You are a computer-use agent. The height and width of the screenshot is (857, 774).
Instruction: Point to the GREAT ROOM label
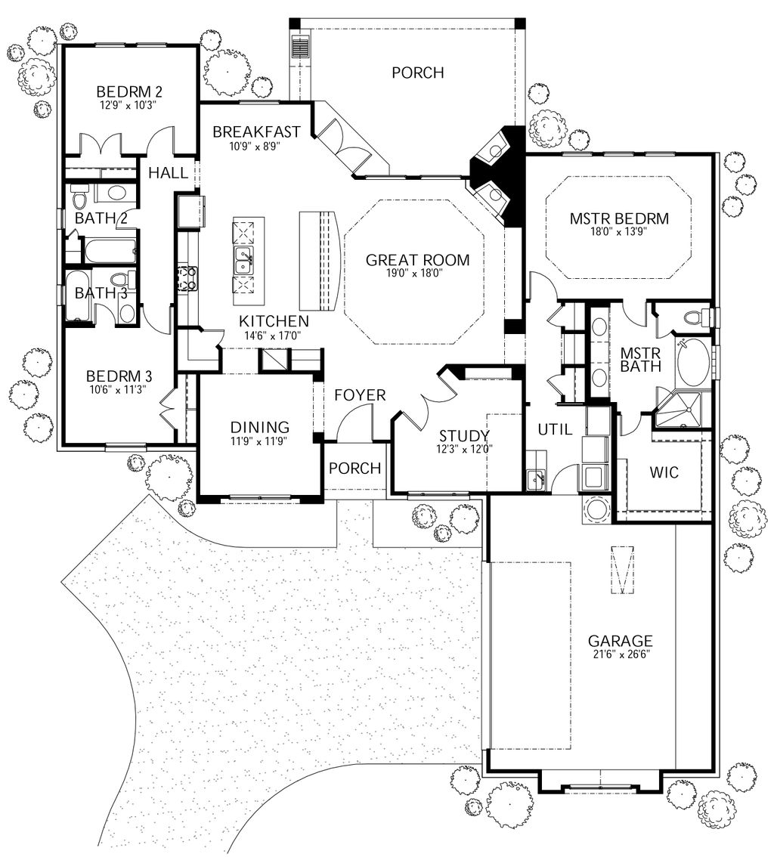(417, 260)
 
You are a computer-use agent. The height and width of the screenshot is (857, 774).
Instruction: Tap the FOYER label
(361, 394)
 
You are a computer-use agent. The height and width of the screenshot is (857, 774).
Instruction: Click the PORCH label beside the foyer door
(355, 469)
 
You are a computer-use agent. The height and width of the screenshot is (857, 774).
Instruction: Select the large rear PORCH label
(417, 73)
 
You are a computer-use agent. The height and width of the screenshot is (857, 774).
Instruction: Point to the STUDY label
(464, 435)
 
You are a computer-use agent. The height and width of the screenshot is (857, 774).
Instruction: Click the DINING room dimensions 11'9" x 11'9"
(261, 441)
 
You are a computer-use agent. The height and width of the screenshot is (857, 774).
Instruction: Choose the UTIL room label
(555, 429)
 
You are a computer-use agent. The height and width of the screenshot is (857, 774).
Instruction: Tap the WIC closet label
(664, 472)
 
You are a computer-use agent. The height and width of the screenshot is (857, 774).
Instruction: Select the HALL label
(168, 173)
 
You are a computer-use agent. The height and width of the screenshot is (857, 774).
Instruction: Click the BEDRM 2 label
(130, 92)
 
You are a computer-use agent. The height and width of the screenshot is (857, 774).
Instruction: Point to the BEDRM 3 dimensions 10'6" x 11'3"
(119, 390)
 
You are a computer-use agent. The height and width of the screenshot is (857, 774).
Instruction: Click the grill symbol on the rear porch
(302, 48)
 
